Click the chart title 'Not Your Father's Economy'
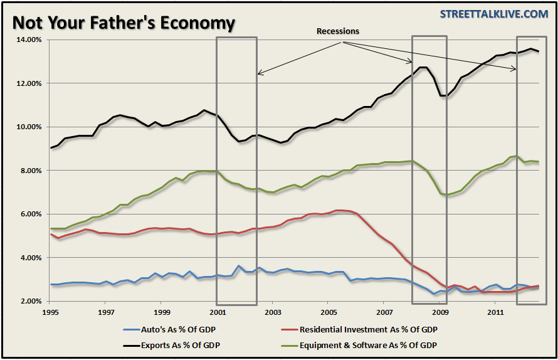coord(124,23)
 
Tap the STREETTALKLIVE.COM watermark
coord(494,14)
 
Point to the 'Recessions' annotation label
coord(338,31)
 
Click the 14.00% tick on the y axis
coord(27,40)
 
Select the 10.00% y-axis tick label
coord(27,127)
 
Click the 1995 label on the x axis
coord(51,311)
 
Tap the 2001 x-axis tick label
coord(217,311)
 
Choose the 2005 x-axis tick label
coord(329,311)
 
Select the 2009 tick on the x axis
coord(440,311)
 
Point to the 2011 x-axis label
coord(495,311)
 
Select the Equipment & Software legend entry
coord(367,344)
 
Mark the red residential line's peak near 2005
coord(339,210)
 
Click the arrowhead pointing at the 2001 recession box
coord(259,74)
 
